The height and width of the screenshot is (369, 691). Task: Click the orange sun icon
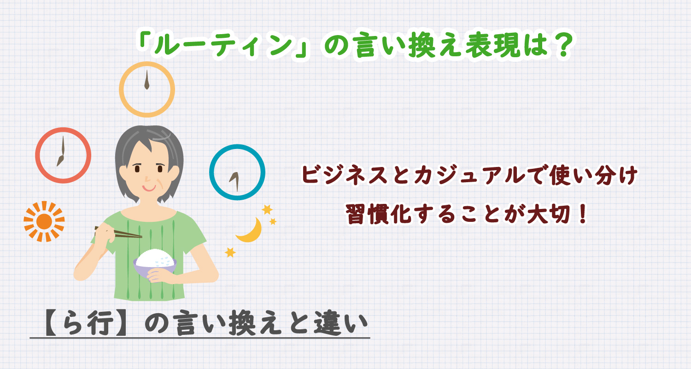(x=44, y=221)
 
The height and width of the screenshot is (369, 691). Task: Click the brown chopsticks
(x=118, y=232)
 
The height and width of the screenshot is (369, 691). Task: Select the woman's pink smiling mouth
(x=149, y=188)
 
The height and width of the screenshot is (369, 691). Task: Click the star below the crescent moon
(x=230, y=252)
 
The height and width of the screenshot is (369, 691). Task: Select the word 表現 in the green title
(x=492, y=45)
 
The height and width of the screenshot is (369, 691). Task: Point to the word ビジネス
(x=344, y=175)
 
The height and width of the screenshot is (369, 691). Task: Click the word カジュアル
(x=469, y=175)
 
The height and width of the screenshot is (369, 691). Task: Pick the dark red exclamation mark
(x=583, y=214)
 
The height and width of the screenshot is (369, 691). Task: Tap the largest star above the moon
(x=267, y=209)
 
